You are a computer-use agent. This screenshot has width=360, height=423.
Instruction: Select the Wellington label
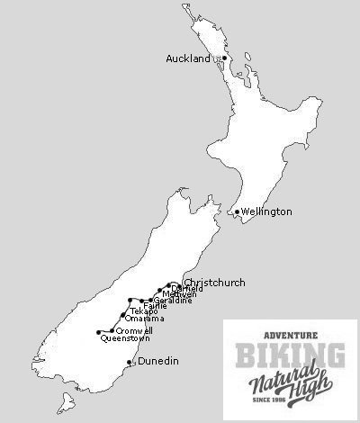coord(266,212)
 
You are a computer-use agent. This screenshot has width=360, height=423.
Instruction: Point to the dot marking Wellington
coord(237,212)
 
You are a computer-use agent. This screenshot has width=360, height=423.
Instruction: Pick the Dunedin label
coord(157,362)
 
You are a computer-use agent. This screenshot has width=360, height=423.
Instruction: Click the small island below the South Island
coord(62,400)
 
